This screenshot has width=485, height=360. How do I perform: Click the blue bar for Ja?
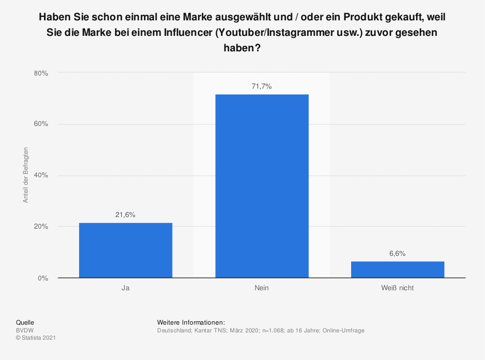[x=126, y=250]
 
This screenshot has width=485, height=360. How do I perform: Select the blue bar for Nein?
[x=262, y=186]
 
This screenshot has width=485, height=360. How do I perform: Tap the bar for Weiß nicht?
[x=398, y=269]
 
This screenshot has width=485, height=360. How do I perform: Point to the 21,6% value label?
[x=126, y=214]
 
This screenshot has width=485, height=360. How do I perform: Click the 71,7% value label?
[x=262, y=86]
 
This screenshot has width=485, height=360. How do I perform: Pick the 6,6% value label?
[x=398, y=253]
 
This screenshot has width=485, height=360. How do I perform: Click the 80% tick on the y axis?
[x=41, y=73]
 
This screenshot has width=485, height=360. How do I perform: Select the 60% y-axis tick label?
[x=41, y=124]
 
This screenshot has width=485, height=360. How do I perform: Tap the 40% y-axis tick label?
[x=41, y=175]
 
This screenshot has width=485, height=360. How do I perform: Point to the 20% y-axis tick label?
[x=41, y=227]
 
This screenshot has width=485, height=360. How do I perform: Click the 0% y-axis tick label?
[x=43, y=278]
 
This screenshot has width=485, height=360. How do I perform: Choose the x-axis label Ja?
[x=126, y=288]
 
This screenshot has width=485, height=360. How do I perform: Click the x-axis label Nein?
[x=261, y=288]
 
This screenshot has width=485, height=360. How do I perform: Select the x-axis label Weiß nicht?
[x=398, y=288]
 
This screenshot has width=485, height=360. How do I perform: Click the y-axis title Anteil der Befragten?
[x=26, y=175]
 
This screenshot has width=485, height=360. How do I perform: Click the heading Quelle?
[x=25, y=322]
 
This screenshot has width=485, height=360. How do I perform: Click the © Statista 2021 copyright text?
[x=36, y=338]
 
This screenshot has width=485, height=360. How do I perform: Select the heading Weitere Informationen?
[x=191, y=322]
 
